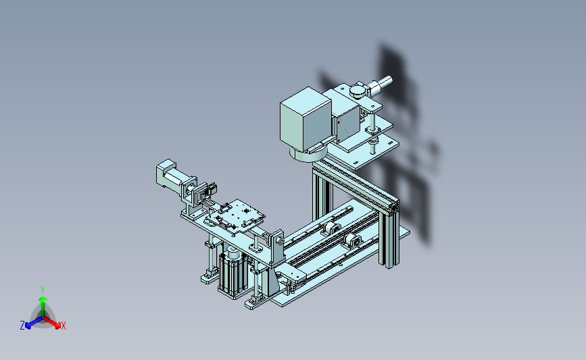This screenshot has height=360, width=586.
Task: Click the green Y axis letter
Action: [x=42, y=290]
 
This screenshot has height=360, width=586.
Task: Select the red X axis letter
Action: [x=63, y=326]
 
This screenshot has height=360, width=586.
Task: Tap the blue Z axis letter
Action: [x=22, y=326]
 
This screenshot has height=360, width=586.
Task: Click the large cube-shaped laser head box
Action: [x=306, y=119]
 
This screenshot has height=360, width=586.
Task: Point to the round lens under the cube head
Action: [x=308, y=153]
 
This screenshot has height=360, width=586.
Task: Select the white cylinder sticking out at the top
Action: [x=381, y=85]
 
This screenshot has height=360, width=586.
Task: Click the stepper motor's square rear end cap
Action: [x=164, y=173]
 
